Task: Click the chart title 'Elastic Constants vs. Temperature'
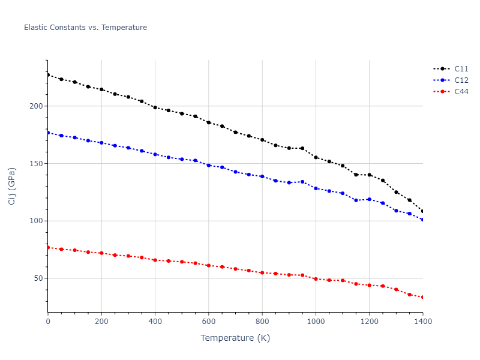click(85, 28)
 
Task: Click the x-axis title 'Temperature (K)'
click(235, 338)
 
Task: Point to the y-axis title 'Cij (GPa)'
click(12, 186)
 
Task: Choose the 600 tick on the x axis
click(208, 322)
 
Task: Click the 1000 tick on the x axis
click(316, 322)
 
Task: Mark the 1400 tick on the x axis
click(422, 322)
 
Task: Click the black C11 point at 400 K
click(155, 107)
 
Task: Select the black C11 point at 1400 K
click(422, 211)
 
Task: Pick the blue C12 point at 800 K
click(262, 176)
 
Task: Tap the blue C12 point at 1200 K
click(369, 199)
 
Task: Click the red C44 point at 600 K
click(208, 265)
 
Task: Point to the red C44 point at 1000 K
click(316, 279)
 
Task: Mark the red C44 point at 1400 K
click(422, 297)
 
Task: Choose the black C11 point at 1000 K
click(316, 157)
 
